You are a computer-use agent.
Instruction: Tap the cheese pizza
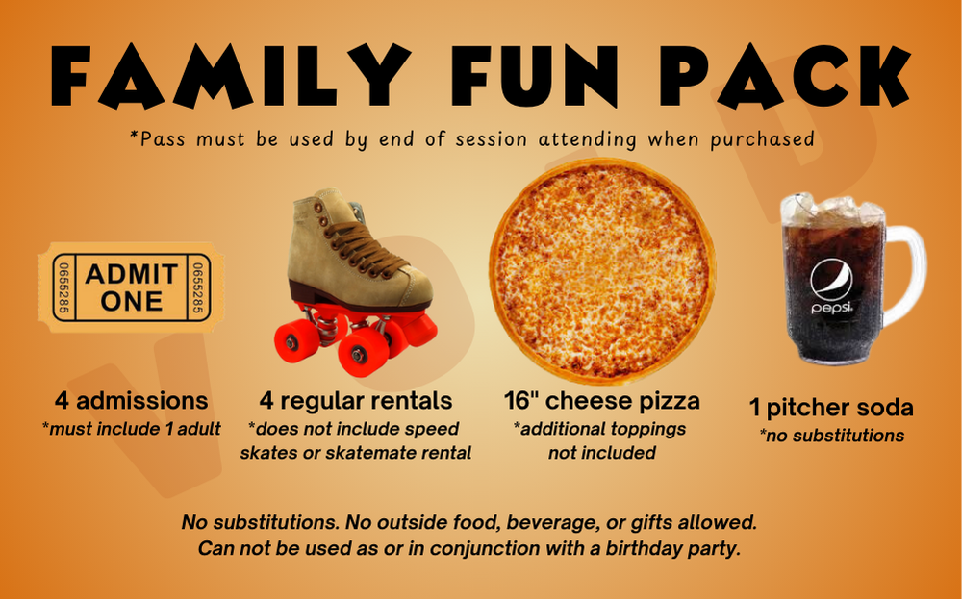[602, 270]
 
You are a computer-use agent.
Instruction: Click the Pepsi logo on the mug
[831, 281]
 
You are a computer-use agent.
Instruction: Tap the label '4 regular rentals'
[356, 400]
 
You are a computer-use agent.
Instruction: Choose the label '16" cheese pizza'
[602, 400]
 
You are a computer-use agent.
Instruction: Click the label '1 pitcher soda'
[831, 408]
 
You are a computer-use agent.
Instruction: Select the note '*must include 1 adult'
[131, 429]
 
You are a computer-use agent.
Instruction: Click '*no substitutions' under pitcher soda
[831, 436]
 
